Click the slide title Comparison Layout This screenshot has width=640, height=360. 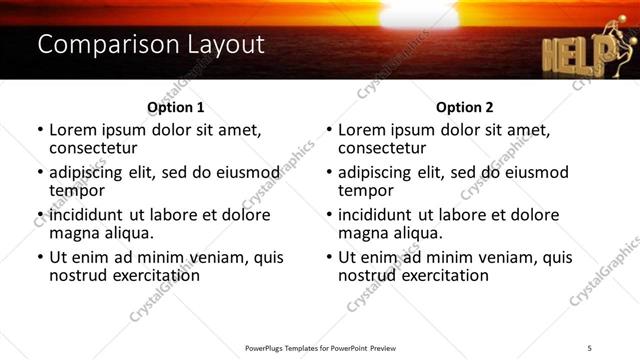[x=151, y=45]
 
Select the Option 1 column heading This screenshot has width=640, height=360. [x=175, y=107]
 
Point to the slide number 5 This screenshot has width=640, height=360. [x=603, y=347]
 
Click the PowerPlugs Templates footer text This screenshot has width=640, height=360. [x=320, y=348]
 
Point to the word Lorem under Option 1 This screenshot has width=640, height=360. [x=74, y=130]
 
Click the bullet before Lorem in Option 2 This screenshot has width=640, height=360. [x=329, y=131]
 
